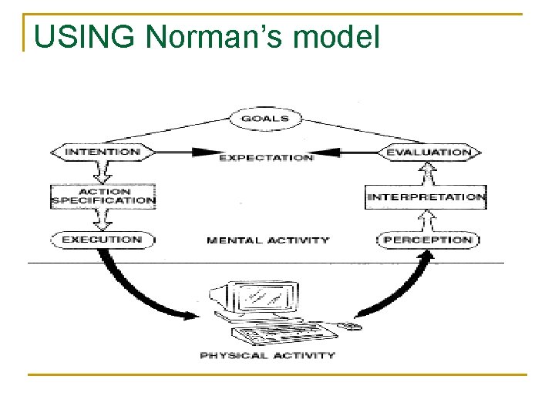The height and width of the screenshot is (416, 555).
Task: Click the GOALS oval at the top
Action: coord(265,119)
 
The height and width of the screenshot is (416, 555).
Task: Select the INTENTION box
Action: coord(103,152)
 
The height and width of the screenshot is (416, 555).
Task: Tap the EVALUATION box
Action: coord(428,153)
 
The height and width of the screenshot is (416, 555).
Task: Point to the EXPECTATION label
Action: coord(266,157)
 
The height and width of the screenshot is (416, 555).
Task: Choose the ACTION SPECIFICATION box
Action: coord(103,196)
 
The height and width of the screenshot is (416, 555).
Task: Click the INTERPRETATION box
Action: coord(425,197)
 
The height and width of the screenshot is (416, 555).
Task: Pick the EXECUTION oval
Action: coord(103,240)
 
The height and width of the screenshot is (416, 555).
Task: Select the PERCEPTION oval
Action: coord(428,240)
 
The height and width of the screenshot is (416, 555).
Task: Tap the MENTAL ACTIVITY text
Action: coord(267,240)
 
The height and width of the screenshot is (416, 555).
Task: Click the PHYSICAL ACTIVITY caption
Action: coord(267,355)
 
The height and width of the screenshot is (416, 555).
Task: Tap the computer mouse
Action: coord(351,327)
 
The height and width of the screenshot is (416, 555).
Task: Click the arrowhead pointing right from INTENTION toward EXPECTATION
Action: coord(205,153)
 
